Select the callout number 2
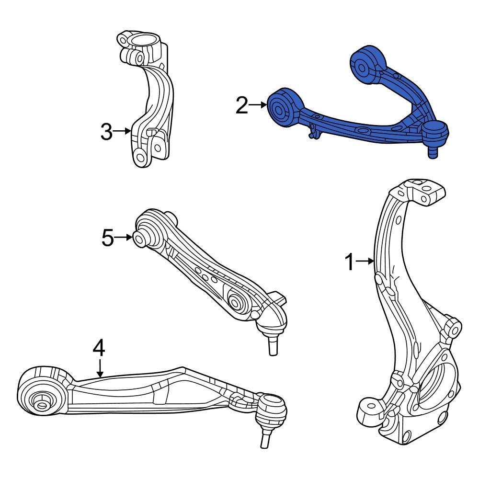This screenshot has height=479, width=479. click(242, 105)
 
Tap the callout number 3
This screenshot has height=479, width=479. click(106, 131)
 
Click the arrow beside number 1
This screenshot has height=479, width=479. click(365, 261)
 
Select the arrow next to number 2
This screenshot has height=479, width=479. click(258, 104)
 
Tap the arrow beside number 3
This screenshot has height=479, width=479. click(123, 130)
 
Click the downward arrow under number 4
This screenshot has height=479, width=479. click(100, 368)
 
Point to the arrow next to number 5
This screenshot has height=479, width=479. click(125, 237)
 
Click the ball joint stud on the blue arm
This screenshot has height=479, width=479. click(433, 151)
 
